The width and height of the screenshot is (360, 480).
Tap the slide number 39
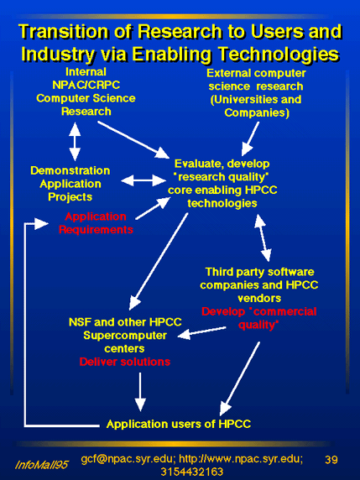331,460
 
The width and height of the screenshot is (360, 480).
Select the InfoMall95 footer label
41,465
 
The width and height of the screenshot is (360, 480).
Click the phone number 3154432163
192,472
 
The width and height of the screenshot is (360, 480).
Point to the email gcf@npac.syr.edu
128,459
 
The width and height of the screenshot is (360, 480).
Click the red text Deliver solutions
125,362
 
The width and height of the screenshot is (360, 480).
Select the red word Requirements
96,230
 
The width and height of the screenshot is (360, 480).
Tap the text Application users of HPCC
179,424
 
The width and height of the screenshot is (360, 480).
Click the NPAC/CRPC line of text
86,85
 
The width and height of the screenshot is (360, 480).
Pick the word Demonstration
70,170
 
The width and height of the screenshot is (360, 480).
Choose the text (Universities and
256,100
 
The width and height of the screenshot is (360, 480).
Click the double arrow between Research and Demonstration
75,141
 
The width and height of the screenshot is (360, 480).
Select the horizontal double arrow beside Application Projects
143,180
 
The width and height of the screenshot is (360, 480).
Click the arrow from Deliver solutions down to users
140,392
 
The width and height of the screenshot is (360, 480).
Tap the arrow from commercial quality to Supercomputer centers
201,333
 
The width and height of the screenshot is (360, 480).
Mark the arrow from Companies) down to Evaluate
250,139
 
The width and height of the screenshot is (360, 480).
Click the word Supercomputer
125,336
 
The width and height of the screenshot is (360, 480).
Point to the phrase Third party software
259,272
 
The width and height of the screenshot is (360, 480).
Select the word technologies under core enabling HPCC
222,203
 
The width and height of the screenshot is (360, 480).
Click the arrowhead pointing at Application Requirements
41,223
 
